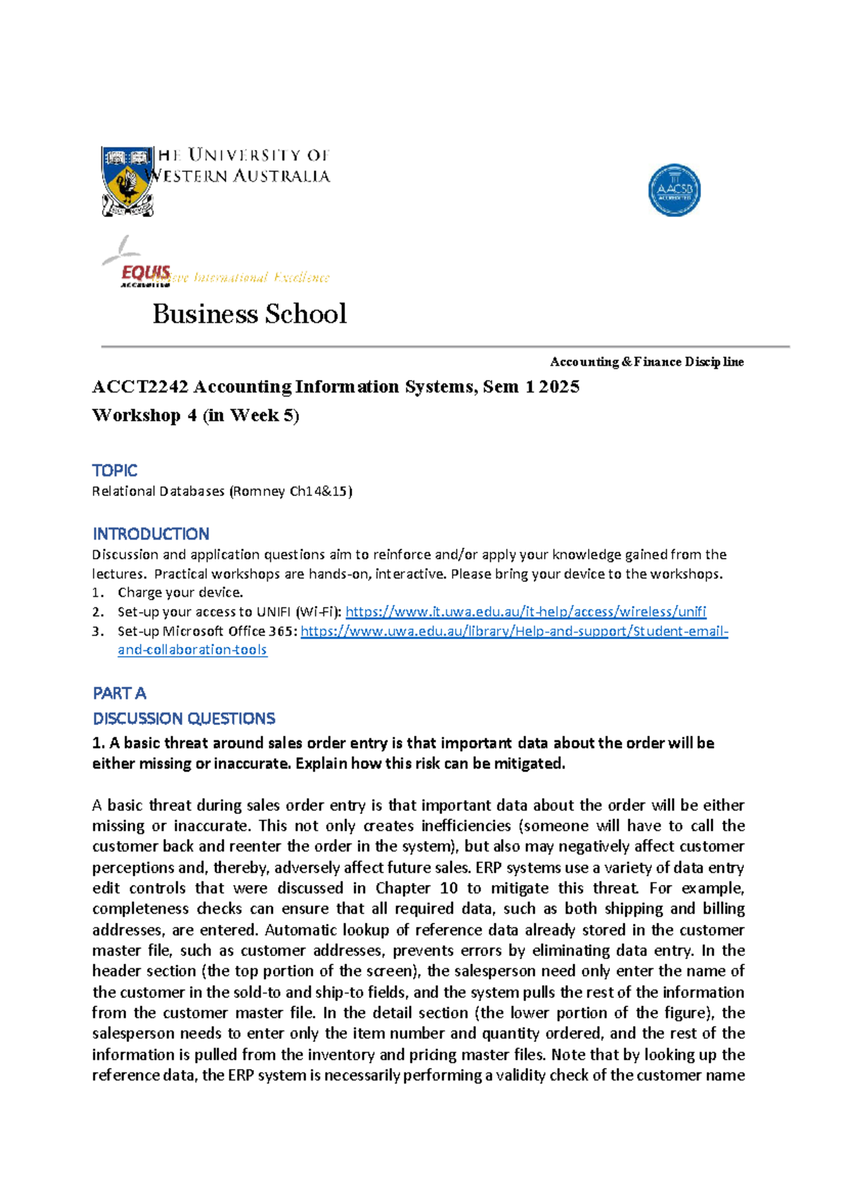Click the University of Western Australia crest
point(127,181)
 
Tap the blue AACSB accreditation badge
point(674,190)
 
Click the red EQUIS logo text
point(146,273)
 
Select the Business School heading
point(250,314)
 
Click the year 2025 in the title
point(559,387)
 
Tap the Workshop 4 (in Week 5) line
point(196,415)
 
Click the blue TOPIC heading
point(114,470)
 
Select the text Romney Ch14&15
point(290,491)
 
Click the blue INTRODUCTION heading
point(151,533)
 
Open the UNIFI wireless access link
point(525,612)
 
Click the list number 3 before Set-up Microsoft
point(97,631)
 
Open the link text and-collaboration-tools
point(192,650)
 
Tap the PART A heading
point(119,693)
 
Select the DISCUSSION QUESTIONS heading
point(184,718)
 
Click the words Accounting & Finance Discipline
point(646,361)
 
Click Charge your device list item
point(180,593)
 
